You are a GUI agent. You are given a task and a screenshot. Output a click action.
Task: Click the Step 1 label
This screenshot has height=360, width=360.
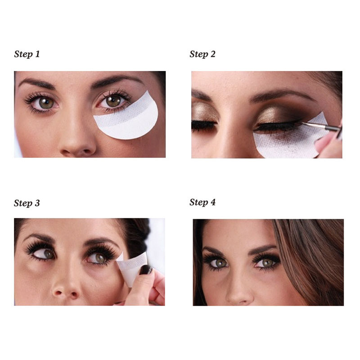point(27,54)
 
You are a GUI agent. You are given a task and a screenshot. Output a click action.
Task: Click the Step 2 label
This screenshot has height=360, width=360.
point(202,54)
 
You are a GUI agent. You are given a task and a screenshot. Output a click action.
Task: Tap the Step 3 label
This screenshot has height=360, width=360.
point(27,203)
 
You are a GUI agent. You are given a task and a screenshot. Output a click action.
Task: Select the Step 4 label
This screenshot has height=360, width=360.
point(202,202)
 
